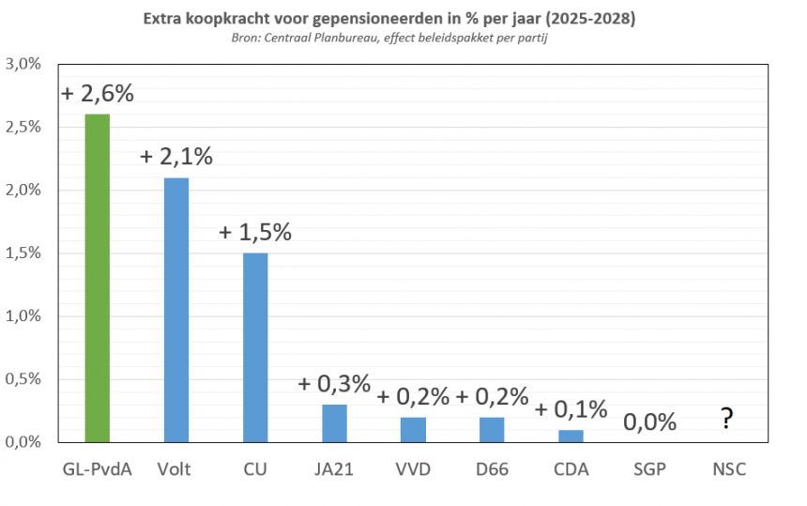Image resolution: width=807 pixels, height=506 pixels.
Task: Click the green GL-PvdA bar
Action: (x=98, y=278)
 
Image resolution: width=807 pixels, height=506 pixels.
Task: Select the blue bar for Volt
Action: (x=176, y=310)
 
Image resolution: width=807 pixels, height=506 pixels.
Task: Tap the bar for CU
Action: (x=255, y=347)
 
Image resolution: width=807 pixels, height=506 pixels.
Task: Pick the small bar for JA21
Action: (x=334, y=423)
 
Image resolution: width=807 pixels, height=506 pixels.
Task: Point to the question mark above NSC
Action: (x=726, y=419)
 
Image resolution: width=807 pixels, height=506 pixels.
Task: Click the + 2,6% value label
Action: (x=98, y=94)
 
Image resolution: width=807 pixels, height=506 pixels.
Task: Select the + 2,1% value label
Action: (x=176, y=157)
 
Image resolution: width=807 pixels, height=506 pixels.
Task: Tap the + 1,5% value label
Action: (x=255, y=233)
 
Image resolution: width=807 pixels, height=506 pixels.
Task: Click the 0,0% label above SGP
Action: (x=649, y=422)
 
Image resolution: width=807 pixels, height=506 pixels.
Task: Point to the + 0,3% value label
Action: (x=334, y=384)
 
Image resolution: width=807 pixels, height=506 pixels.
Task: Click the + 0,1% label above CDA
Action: (x=571, y=409)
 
